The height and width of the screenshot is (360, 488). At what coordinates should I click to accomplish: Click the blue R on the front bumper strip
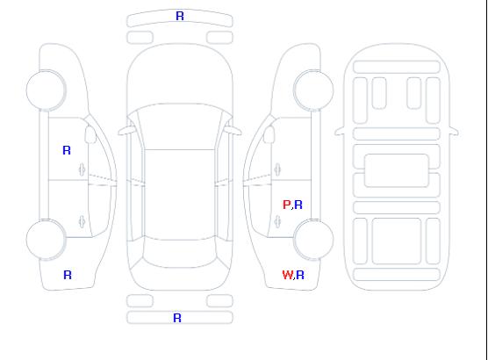(180, 16)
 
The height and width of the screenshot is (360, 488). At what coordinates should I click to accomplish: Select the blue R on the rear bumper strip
(177, 318)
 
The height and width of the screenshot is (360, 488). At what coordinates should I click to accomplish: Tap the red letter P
(286, 205)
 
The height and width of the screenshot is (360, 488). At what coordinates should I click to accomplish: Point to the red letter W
(288, 275)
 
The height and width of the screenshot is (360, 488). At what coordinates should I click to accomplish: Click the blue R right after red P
(298, 205)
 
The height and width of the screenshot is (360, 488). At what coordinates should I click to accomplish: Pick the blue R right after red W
(300, 275)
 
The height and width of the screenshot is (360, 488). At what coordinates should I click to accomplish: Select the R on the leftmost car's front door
(67, 150)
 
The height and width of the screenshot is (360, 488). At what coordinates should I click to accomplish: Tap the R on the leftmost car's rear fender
(68, 275)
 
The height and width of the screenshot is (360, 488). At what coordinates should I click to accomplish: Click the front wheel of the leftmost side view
(46, 90)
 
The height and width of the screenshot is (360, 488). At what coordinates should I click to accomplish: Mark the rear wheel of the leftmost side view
(46, 240)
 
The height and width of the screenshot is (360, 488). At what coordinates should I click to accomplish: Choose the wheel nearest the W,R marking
(313, 240)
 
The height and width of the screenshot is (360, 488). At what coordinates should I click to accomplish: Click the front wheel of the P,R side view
(313, 90)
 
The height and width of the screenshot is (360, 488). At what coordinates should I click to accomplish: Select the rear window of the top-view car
(180, 254)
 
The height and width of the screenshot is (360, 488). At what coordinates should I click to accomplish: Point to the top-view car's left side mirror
(126, 131)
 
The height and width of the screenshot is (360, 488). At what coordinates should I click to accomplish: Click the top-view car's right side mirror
(233, 131)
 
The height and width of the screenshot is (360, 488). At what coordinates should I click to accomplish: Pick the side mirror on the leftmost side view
(90, 134)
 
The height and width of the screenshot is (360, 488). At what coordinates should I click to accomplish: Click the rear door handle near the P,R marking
(278, 221)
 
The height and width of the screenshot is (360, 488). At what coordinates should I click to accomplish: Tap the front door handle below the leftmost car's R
(82, 169)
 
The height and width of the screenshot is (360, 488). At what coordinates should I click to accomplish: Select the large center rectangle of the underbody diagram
(396, 170)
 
